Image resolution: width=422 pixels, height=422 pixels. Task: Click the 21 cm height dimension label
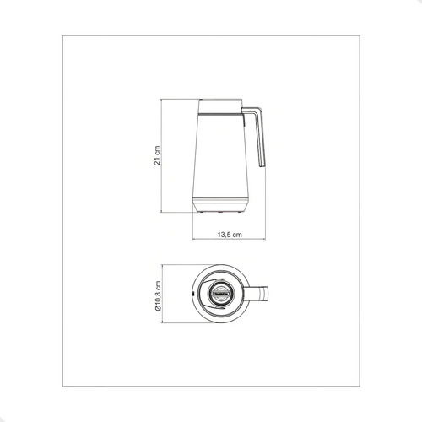pos(157,155)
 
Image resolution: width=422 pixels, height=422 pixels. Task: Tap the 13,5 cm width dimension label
pos(230,235)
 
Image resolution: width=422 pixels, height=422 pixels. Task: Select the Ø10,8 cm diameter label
pos(158,295)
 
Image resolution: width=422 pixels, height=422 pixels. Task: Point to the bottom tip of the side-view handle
pos(262,166)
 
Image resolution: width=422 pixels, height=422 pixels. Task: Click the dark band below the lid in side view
pos(220,114)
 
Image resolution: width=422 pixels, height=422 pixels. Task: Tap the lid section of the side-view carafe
pos(220,105)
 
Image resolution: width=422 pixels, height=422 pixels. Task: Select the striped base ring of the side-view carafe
pos(220,201)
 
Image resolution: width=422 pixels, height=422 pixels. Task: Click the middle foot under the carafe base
pos(220,211)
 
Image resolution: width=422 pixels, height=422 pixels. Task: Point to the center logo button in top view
pos(220,294)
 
